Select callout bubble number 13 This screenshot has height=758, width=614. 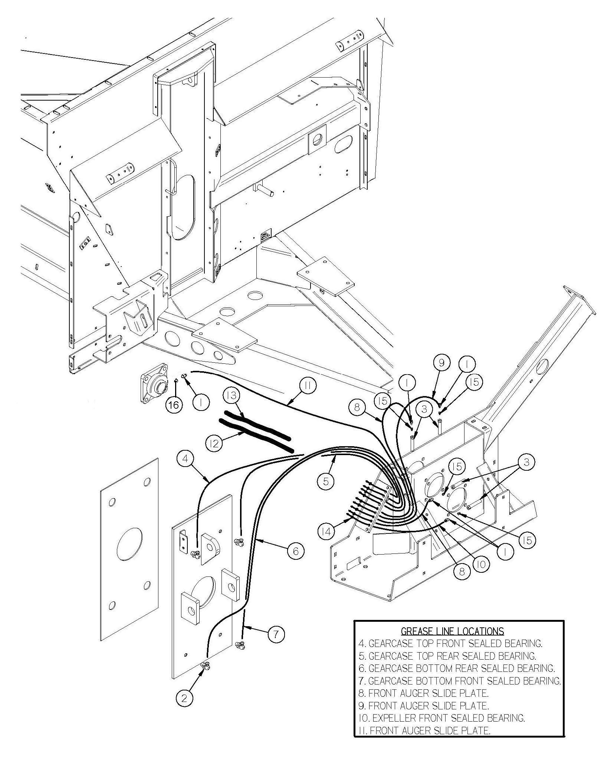click(232, 396)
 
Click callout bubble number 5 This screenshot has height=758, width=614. click(326, 481)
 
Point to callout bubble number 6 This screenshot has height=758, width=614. click(295, 550)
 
